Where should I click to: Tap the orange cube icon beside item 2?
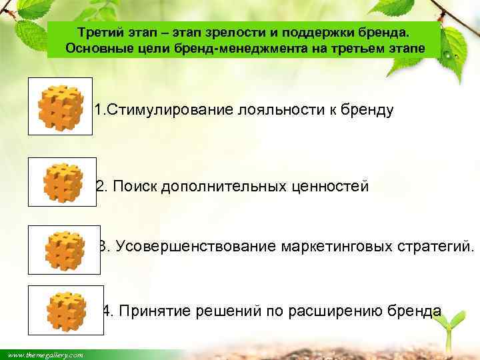pos(63,182)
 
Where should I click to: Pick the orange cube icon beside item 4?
pos(66,310)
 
